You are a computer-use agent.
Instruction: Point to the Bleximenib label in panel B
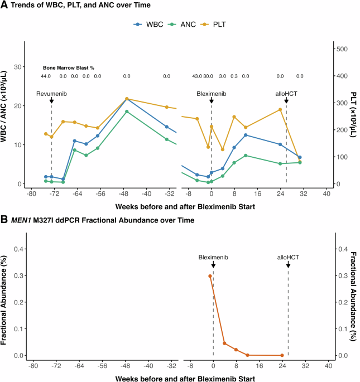coord(213,258)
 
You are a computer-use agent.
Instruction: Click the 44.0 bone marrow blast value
coord(46,76)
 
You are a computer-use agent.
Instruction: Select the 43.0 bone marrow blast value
coord(196,76)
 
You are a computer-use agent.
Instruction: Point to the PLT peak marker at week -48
coord(127,99)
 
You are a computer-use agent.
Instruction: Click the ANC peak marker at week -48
coord(127,112)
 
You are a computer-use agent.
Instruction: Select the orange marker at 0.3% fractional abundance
coord(210,276)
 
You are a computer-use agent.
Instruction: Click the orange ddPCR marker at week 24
coord(282,355)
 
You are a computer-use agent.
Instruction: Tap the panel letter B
coord(4,220)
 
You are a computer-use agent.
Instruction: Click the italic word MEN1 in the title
coord(25,220)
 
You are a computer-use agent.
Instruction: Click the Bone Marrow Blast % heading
coord(69,67)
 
